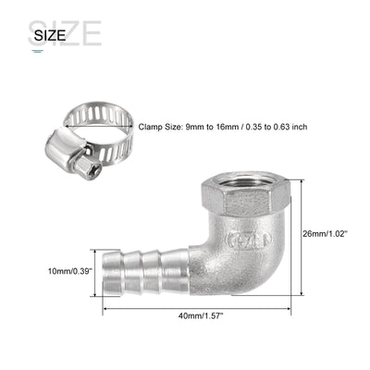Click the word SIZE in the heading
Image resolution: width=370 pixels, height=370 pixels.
click(50, 36)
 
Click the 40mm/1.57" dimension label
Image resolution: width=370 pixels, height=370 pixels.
click(199, 315)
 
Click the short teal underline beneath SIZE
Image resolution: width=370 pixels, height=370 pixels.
click(37, 51)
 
